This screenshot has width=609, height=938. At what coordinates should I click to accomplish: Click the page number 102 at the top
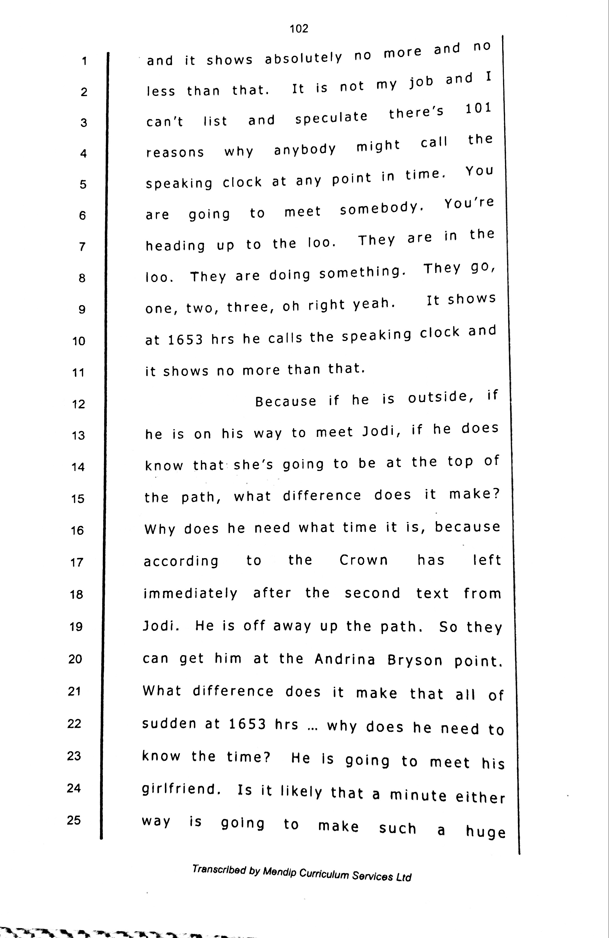tap(299, 28)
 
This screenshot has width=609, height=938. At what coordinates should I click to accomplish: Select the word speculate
tap(331, 117)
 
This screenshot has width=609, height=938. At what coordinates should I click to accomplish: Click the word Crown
tap(364, 560)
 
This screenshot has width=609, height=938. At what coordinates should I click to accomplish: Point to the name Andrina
tap(345, 659)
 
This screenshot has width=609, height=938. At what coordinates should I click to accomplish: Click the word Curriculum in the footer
tap(324, 874)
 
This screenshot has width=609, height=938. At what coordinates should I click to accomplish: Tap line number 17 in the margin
tap(76, 562)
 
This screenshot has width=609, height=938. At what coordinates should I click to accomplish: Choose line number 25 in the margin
tap(74, 820)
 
